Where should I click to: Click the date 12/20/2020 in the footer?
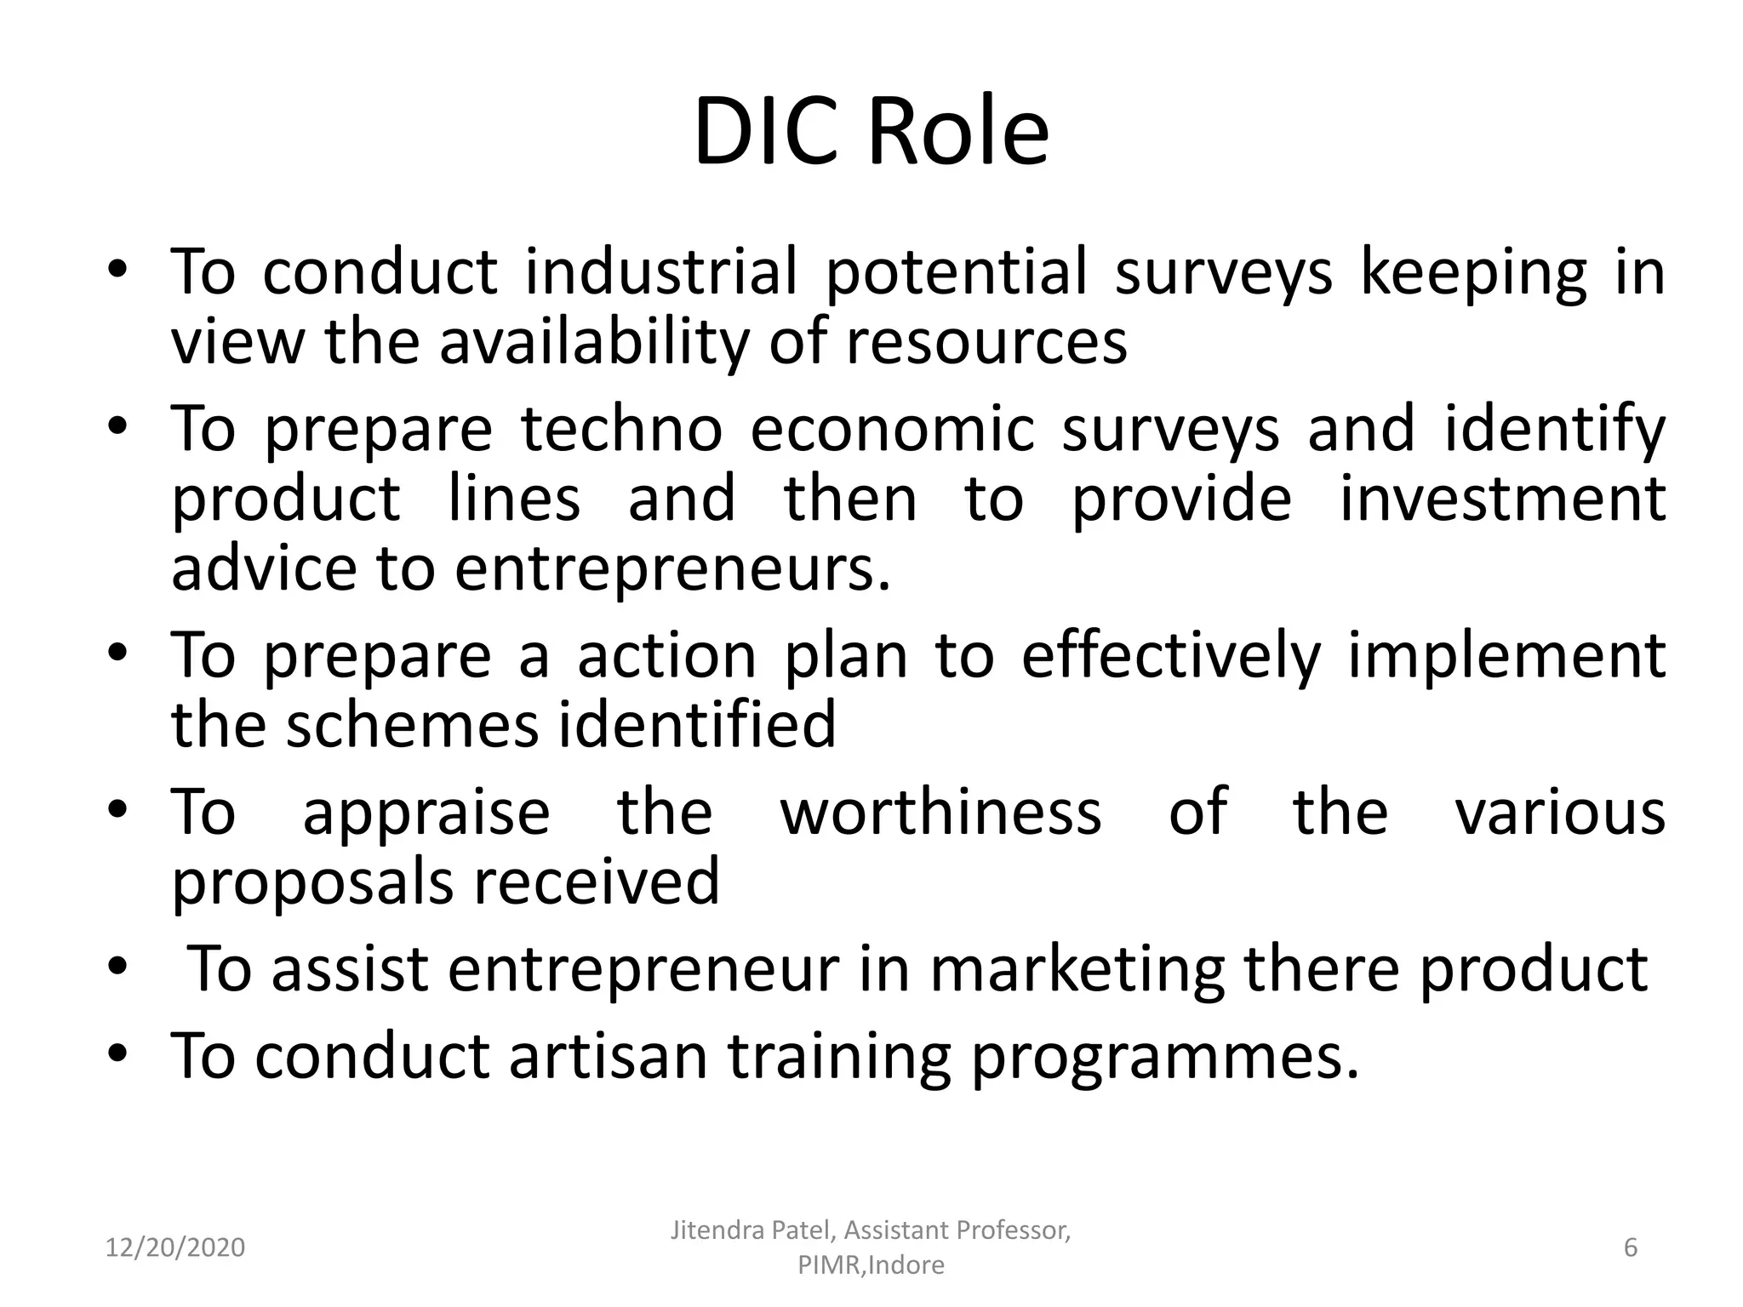tap(174, 1248)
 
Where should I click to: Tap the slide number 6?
tap(1631, 1247)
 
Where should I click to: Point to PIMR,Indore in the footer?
tap(871, 1265)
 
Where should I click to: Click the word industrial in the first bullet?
tap(661, 272)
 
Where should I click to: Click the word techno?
tap(621, 429)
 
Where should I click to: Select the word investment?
tap(1502, 499)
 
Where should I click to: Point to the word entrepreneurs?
tap(671, 570)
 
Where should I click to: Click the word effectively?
tap(1170, 657)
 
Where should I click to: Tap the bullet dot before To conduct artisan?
tap(118, 1053)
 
